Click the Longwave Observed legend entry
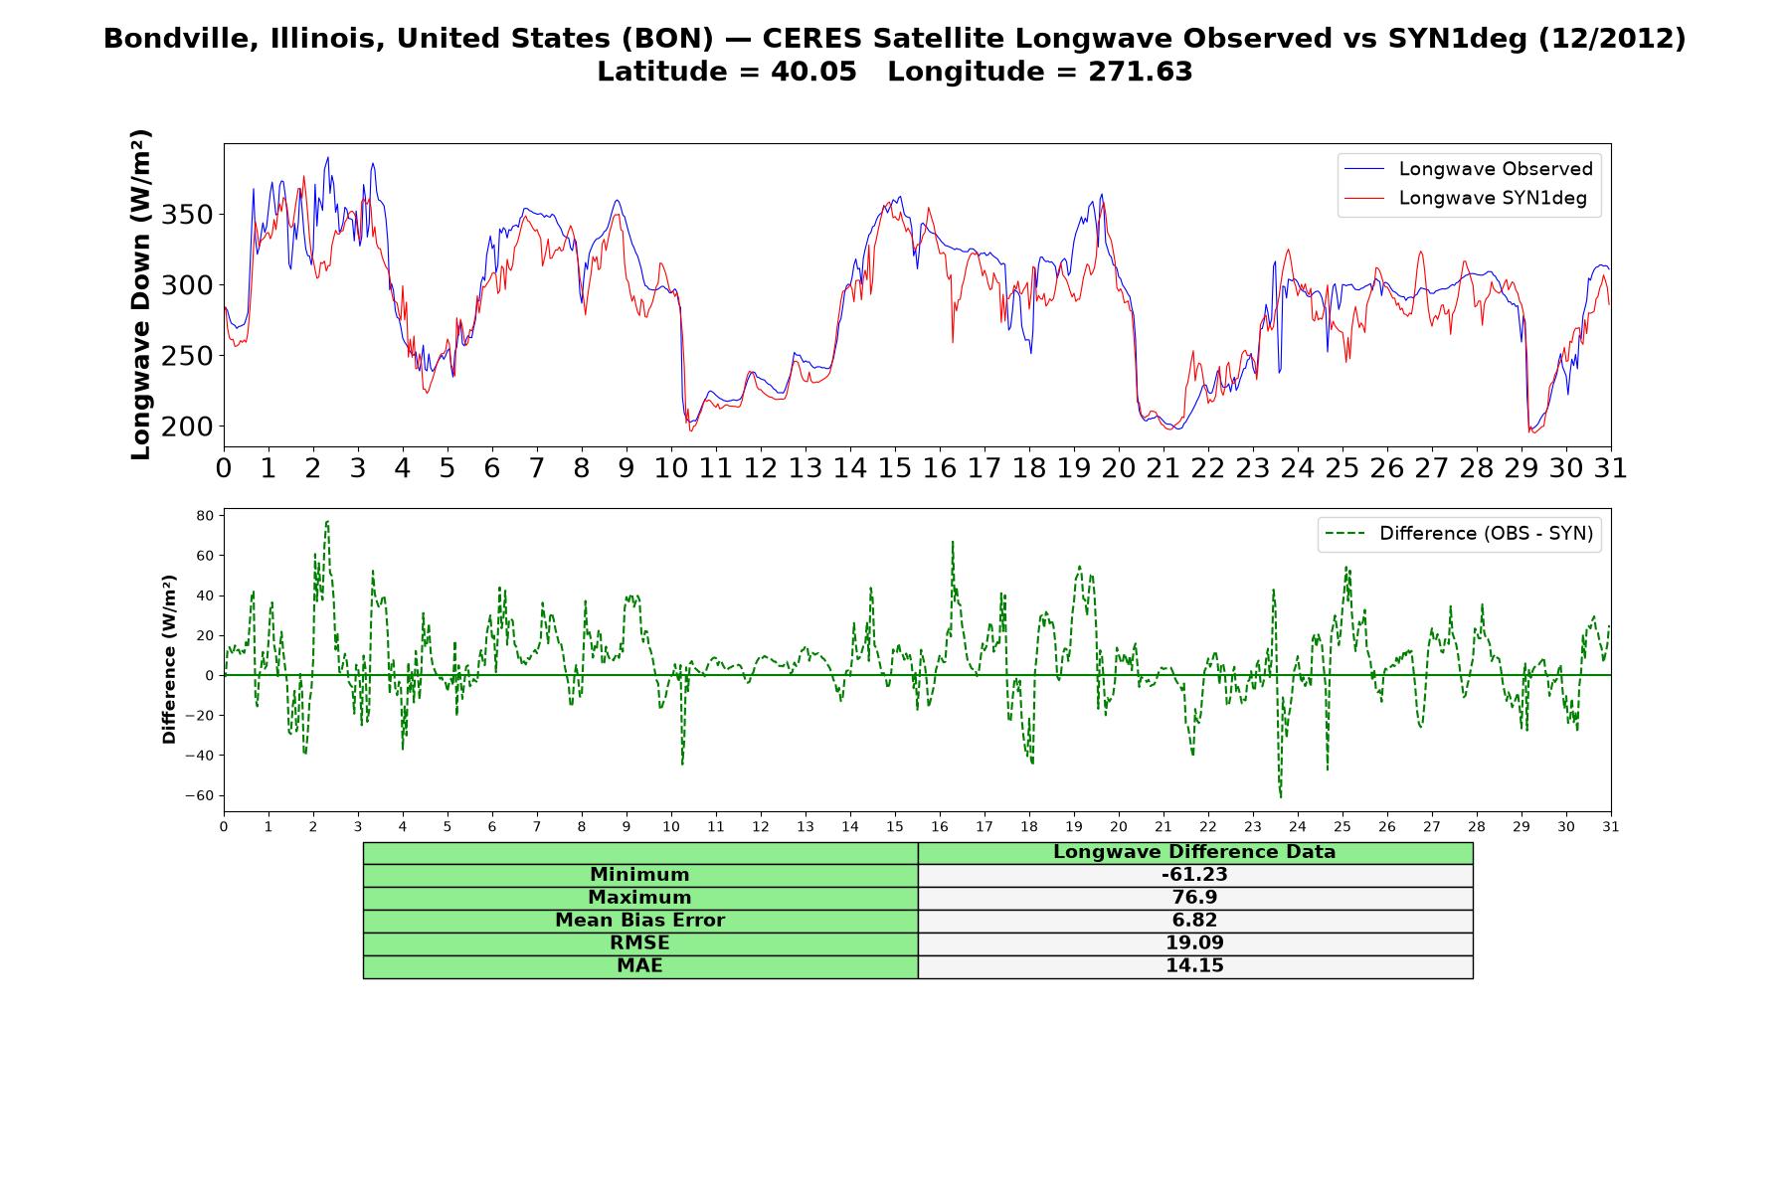coord(1468,169)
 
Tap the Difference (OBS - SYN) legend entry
coord(1460,534)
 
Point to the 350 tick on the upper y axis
coord(189,215)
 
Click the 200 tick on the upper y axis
coord(189,426)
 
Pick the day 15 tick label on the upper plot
coord(895,468)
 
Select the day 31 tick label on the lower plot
coord(1611,826)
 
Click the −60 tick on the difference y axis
coord(199,795)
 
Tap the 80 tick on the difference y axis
coord(206,516)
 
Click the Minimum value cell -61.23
coord(1194,875)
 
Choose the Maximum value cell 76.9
coord(1194,898)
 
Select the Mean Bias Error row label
coord(639,921)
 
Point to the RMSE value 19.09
coord(1194,943)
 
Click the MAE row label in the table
coord(639,966)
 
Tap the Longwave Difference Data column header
coord(1194,852)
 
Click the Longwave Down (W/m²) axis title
coord(141,294)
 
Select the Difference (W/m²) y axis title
coord(169,659)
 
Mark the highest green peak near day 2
coord(326,521)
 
